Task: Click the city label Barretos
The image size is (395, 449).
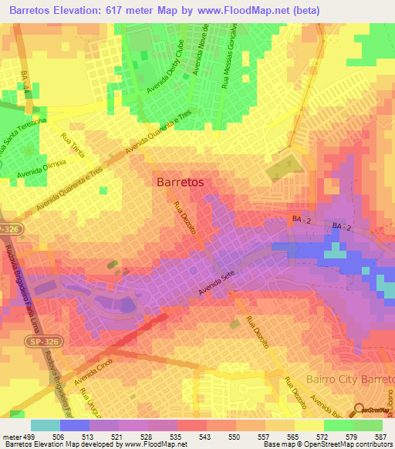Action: pos(180,183)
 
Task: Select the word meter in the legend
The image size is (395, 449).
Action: pos(11,435)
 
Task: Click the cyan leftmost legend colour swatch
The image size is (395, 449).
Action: pos(46,424)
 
